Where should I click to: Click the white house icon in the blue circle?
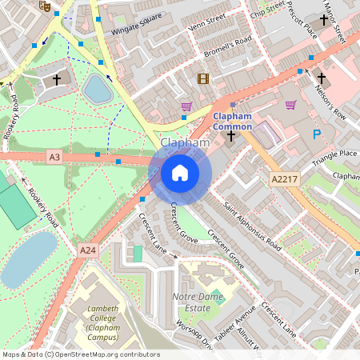pos(180,172)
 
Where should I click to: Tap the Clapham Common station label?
pos(232,122)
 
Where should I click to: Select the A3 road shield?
pos(54,158)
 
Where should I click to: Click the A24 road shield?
pos(88,250)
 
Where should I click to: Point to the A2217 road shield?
pos(285,178)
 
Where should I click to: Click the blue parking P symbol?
pos(318,134)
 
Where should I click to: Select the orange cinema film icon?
pos(202,78)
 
